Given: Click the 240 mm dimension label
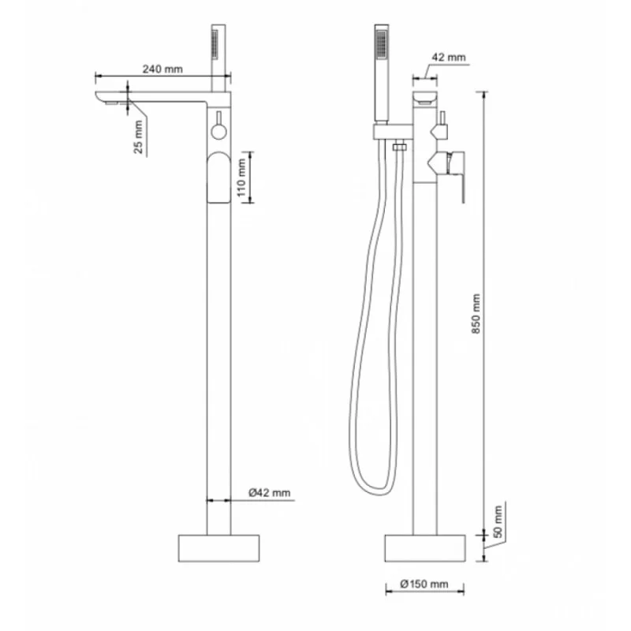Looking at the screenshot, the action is (162, 69).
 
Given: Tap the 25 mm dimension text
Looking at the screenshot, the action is (138, 136).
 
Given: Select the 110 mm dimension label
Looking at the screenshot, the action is (241, 177).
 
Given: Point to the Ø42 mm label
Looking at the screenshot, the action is (269, 492).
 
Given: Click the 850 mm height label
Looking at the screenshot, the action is (476, 313).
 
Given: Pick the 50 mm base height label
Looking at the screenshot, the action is (498, 521).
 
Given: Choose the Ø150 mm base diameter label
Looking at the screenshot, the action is (424, 584).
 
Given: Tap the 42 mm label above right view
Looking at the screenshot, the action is (448, 57).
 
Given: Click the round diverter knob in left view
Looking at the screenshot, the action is (219, 131).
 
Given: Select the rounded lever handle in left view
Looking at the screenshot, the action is (219, 177).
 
